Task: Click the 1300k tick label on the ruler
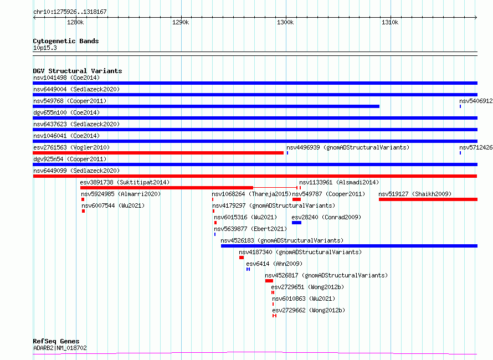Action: pyautogui.click(x=285, y=22)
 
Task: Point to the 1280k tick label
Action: pyautogui.click(x=75, y=22)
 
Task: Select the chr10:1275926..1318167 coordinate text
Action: pyautogui.click(x=70, y=12)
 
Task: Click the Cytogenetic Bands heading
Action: pyautogui.click(x=66, y=41)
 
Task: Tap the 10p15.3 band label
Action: pyautogui.click(x=45, y=48)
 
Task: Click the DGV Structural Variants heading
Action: pyautogui.click(x=78, y=71)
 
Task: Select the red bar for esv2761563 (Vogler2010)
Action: pyautogui.click(x=158, y=153)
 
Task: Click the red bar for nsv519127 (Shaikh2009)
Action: pyautogui.click(x=428, y=199)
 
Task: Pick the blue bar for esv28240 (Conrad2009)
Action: pyautogui.click(x=296, y=223)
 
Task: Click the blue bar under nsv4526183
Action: pyautogui.click(x=350, y=246)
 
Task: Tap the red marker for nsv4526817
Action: pyautogui.click(x=269, y=281)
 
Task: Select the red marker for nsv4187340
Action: pyautogui.click(x=242, y=258)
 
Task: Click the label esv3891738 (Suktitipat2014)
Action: pyautogui.click(x=125, y=182)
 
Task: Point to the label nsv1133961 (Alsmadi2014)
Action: pyautogui.click(x=339, y=182)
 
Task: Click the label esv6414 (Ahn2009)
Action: pyautogui.click(x=274, y=264)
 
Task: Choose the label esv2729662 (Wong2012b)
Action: pyautogui.click(x=309, y=310)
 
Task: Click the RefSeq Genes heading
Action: pyautogui.click(x=57, y=341)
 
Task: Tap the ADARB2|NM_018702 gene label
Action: pyautogui.click(x=60, y=348)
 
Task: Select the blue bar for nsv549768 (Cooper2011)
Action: pyautogui.click(x=206, y=106)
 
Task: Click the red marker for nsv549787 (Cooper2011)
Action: pyautogui.click(x=296, y=199)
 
